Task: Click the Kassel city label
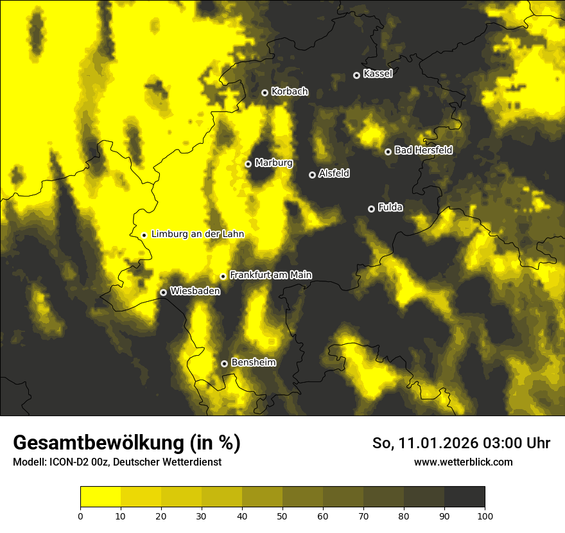(378, 74)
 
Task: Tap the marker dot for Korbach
(265, 92)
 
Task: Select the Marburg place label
(274, 163)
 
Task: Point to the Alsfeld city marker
(312, 175)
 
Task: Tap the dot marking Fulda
(371, 209)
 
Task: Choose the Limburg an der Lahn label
(198, 234)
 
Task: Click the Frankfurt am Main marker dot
(223, 276)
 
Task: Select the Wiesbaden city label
(195, 291)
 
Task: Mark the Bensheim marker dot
(224, 363)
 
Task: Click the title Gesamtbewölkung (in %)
(126, 442)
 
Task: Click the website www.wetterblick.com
(464, 462)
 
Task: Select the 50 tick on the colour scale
(282, 516)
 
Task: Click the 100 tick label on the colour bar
(485, 516)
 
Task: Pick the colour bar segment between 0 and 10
(101, 497)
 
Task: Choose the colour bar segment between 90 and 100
(464, 497)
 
